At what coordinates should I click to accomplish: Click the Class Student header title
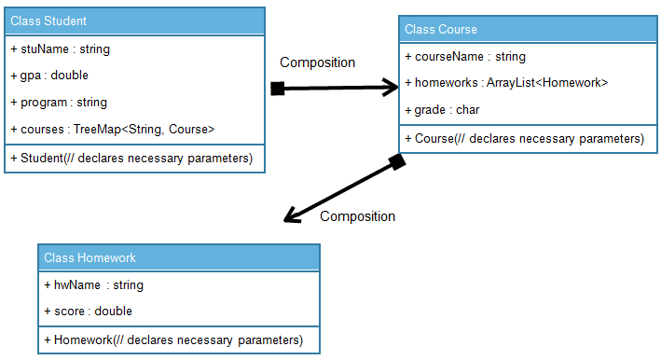pos(48,21)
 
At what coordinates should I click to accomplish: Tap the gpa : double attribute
pos(49,75)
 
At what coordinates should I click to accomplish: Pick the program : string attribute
pos(59,102)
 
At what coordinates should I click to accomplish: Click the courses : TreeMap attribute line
pos(113,129)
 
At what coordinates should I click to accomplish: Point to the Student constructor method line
pos(131,158)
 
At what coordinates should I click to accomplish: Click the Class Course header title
pos(441,30)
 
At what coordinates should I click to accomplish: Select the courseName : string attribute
pos(465,57)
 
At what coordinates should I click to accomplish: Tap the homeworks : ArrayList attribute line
pos(506,83)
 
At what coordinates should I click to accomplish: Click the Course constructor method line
pos(524,139)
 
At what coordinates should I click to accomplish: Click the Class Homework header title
pos(90,258)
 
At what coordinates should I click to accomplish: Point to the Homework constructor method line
pos(173,339)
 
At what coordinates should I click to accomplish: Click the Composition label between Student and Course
pos(318,62)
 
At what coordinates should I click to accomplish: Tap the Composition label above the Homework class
pos(357,216)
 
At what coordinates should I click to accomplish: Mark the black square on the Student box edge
pos(277,89)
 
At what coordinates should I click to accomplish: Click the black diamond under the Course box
pos(396,162)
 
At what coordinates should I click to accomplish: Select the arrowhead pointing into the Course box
pos(389,88)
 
